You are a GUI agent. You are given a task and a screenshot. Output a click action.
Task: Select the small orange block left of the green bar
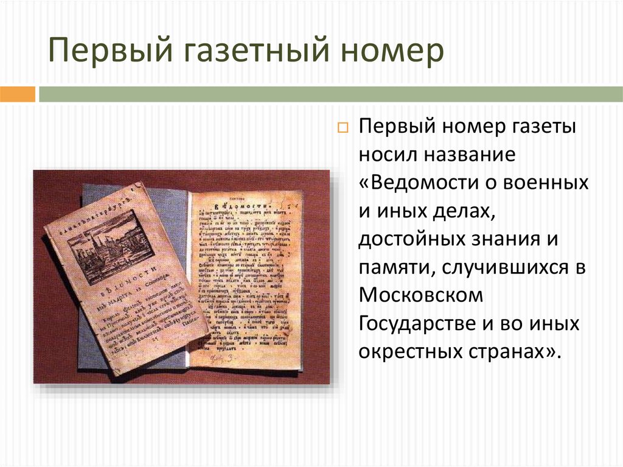click(18, 94)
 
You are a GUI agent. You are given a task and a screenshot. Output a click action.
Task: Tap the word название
click(469, 155)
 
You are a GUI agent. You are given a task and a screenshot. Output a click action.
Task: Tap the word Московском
click(420, 296)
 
